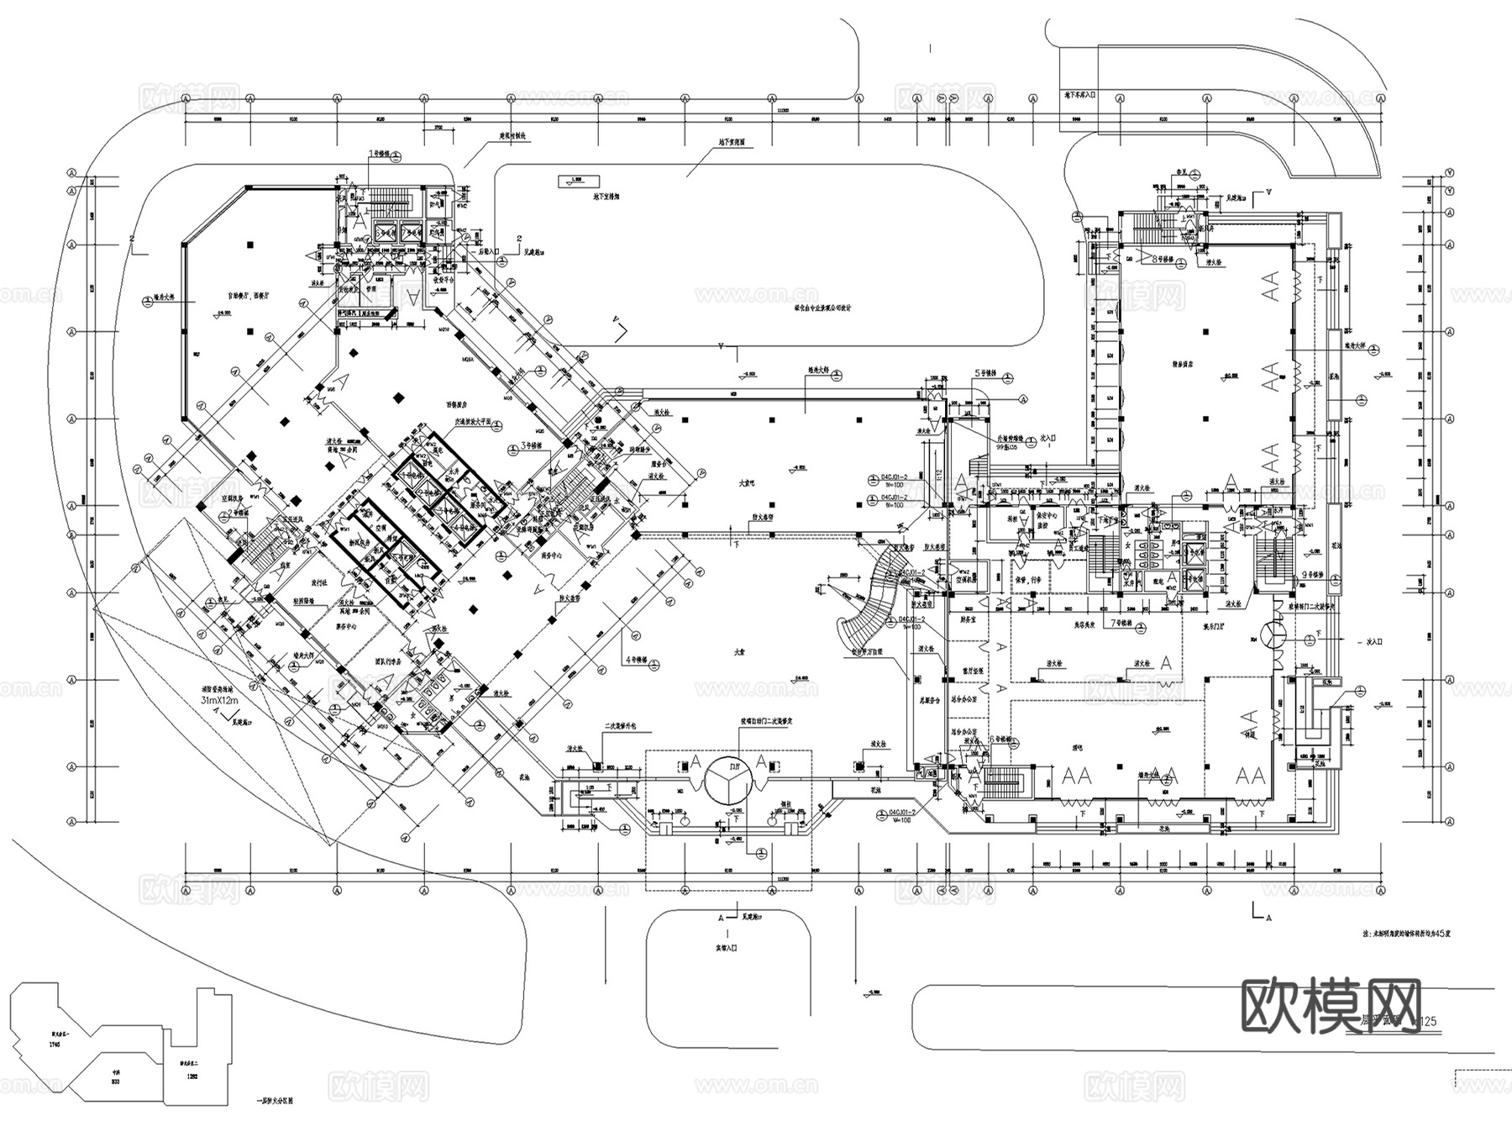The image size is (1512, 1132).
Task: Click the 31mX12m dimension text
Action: coord(219,699)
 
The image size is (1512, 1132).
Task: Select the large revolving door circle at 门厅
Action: coord(727,778)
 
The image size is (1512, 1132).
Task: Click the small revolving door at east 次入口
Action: coord(1276,635)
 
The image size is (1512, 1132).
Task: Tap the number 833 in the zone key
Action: coord(116,1083)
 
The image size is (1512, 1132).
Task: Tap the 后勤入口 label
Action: coord(488,251)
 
